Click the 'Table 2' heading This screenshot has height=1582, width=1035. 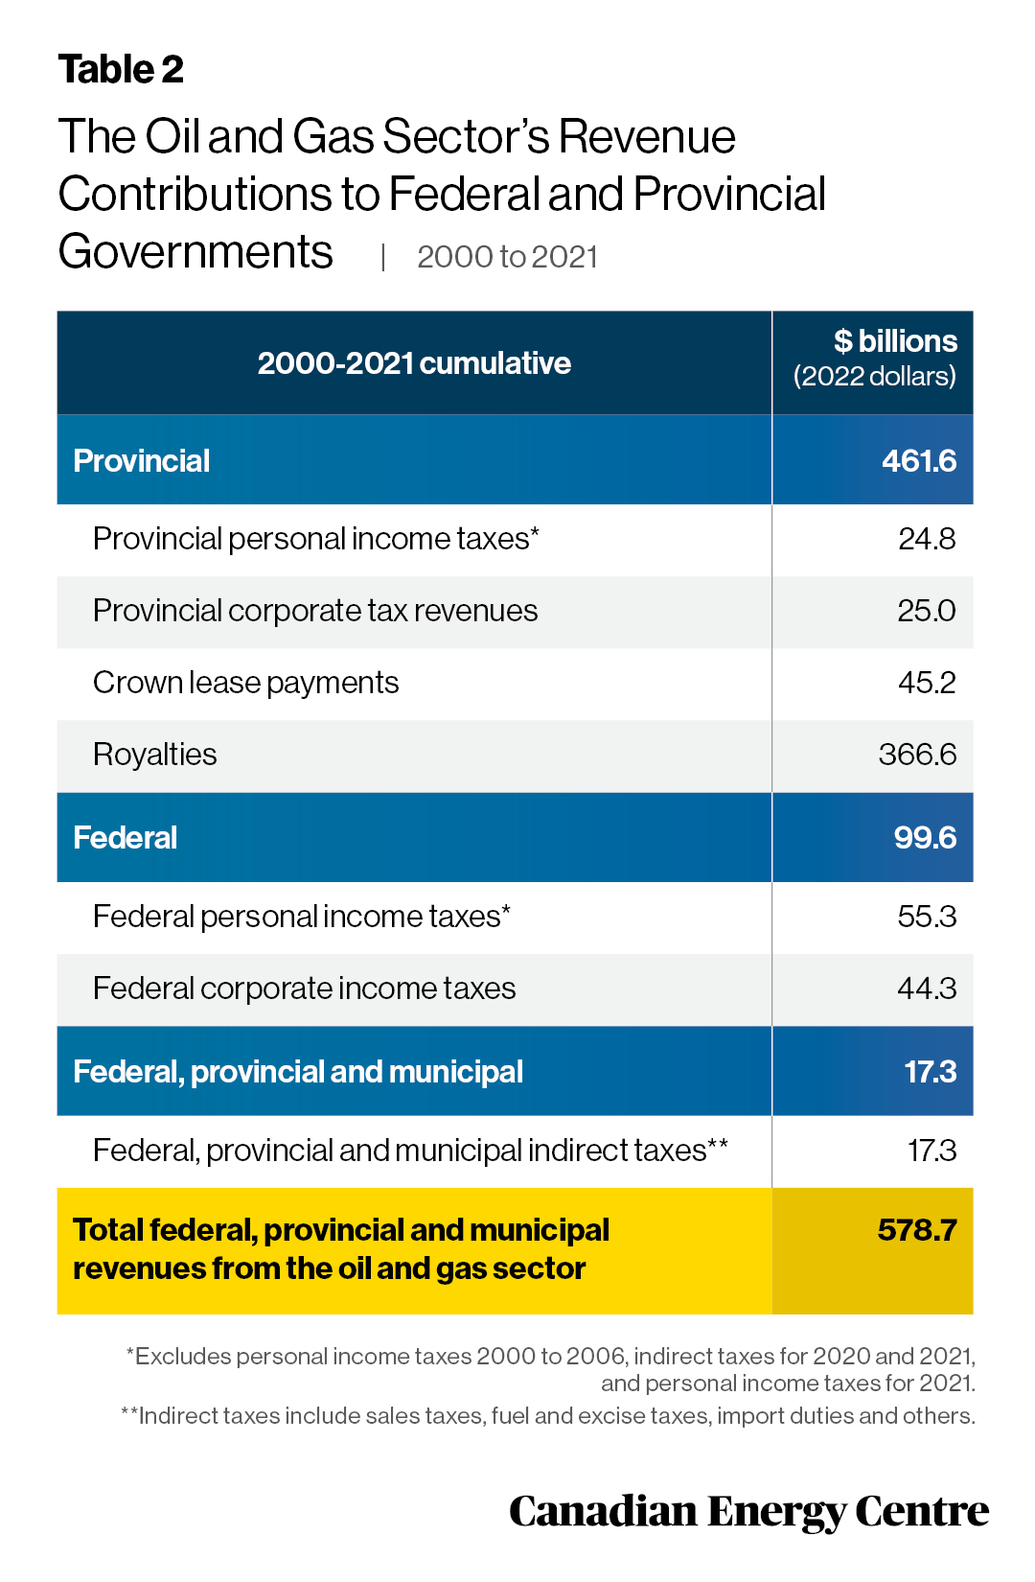pos(121,69)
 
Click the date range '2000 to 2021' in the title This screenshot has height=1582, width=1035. pos(508,257)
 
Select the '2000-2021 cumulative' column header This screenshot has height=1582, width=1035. pos(414,363)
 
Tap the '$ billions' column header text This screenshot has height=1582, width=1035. pos(895,341)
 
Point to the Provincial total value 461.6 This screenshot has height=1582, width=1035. pos(919,461)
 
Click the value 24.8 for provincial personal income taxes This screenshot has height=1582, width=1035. pos(927,539)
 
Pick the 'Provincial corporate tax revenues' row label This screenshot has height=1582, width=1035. pos(315,611)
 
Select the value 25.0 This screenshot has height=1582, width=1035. pos(927,611)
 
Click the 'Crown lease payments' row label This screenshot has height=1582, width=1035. pos(245,683)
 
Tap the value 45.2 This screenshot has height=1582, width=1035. pos(927,683)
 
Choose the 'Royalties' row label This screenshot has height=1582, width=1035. pos(154,755)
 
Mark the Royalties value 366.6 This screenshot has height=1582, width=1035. pos(918,755)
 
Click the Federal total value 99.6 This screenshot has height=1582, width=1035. pos(926,838)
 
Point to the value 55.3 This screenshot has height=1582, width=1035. pos(927,917)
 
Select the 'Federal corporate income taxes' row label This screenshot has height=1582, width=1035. pos(305,989)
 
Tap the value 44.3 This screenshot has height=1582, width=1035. pos(927,989)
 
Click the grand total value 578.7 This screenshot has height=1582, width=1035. pos(917,1230)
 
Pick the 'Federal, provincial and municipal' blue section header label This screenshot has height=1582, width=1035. pos(298,1072)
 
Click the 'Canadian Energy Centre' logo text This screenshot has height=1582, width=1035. pos(749,1513)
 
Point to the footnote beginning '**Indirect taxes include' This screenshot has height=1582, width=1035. pos(548,1416)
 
